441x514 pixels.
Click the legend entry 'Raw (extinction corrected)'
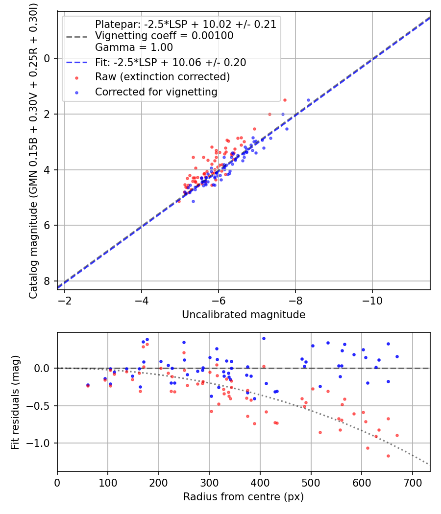(162, 77)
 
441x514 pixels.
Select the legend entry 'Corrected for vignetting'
(156, 92)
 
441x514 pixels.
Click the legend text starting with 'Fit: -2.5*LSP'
(171, 63)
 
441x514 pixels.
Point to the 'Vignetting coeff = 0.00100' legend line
(164, 36)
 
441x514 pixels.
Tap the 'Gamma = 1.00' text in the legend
(134, 47)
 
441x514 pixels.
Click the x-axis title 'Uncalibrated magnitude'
(244, 315)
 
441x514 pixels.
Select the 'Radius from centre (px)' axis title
(244, 497)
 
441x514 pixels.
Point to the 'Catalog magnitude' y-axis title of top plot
(33, 149)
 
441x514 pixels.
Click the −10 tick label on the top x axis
(372, 299)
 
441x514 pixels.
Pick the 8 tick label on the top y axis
(47, 281)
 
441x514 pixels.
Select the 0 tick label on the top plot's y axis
(47, 58)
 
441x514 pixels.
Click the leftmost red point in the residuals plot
(88, 386)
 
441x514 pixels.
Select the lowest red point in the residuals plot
(388, 456)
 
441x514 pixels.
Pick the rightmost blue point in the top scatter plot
(309, 100)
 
